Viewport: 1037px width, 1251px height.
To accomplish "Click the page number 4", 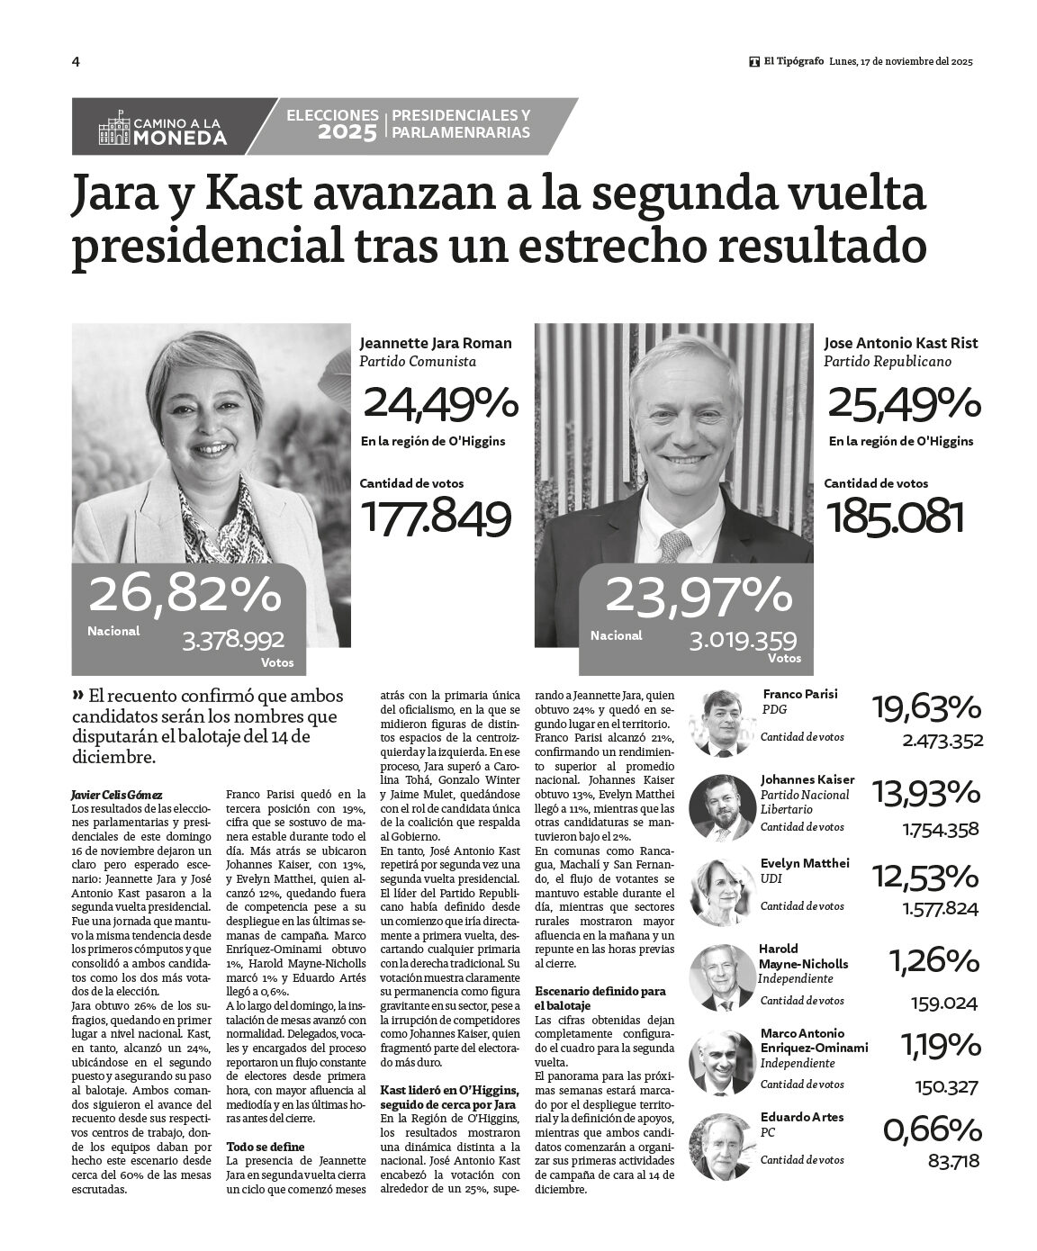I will tap(76, 62).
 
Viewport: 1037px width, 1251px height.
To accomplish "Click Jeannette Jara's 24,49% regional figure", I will tap(440, 404).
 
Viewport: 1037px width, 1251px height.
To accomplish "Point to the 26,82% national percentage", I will tap(185, 595).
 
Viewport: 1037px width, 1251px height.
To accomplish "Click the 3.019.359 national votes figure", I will tap(743, 641).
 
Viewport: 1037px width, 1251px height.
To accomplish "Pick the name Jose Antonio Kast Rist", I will tap(900, 343).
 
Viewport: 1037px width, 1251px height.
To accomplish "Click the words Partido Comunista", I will tap(417, 362).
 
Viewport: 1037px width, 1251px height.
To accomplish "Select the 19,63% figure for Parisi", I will tap(925, 708).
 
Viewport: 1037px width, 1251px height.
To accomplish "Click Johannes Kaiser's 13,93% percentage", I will tap(925, 792).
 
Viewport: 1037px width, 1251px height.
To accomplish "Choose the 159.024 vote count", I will tap(944, 1003).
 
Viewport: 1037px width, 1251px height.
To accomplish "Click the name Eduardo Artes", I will tap(802, 1117).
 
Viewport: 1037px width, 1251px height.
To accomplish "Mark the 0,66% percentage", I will tap(931, 1129).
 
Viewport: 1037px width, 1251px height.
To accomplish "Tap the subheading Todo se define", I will tap(266, 1147).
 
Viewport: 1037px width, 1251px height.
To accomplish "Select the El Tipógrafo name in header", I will tap(793, 62).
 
